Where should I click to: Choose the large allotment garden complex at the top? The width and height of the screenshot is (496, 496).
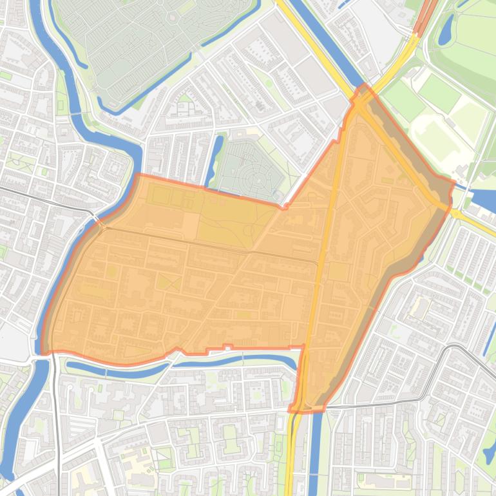coord(155,39)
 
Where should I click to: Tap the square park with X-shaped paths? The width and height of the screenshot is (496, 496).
coord(169,282)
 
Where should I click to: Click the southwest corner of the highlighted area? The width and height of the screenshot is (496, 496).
coord(43,353)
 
